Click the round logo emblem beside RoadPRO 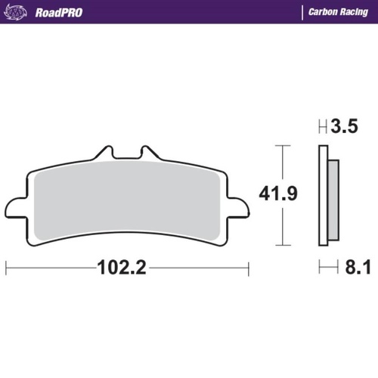point(21,12)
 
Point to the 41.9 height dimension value point(278,194)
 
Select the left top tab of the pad point(105,154)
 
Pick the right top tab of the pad point(150,154)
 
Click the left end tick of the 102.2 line point(7,268)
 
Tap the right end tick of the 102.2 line point(248,268)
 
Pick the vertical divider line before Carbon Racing point(302,12)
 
